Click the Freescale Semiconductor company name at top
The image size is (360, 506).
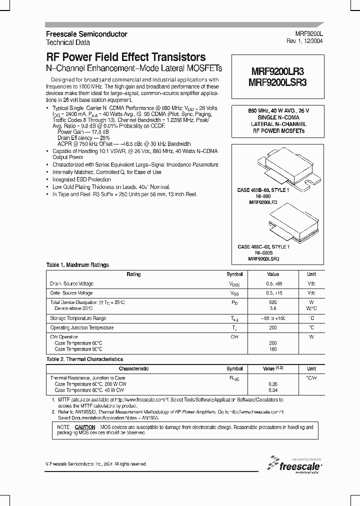coord(86,34)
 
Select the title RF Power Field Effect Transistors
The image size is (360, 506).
coord(125,57)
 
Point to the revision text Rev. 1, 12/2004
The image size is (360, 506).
coord(304,42)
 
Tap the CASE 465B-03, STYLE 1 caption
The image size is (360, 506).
coord(262,190)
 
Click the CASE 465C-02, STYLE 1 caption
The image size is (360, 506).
coord(263,247)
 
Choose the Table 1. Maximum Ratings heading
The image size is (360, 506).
coord(77,265)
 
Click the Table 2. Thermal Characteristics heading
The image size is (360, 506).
coord(84,359)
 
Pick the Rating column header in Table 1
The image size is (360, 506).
coord(133,274)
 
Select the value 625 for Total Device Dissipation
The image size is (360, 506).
coord(273,302)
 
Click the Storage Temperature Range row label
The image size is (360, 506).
coord(78,318)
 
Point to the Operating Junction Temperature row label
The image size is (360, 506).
coord(81,328)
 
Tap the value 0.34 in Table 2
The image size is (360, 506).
coord(273,389)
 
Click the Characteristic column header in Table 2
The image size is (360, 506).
coord(133,368)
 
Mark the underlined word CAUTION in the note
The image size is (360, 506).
coord(85,427)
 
